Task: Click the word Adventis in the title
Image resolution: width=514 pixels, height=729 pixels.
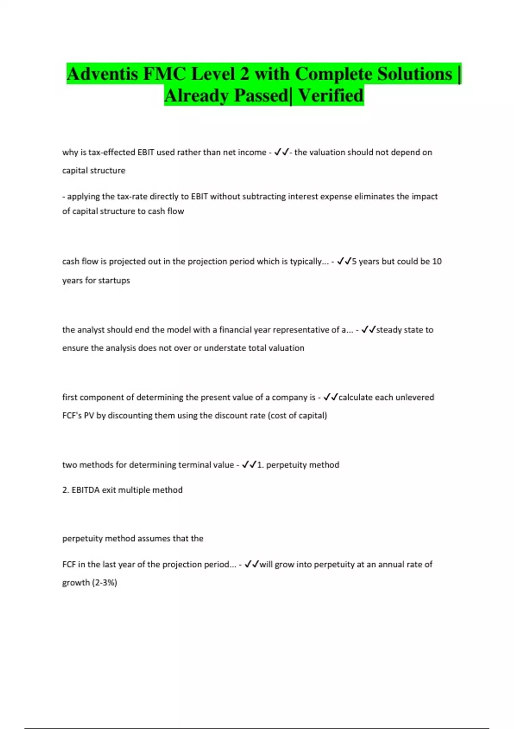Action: point(102,74)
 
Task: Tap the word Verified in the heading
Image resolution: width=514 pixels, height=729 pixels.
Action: point(331,95)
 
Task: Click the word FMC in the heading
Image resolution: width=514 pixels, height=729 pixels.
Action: point(164,74)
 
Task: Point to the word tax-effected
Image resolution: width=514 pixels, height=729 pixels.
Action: point(111,152)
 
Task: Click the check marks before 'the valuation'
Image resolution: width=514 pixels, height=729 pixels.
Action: point(281,152)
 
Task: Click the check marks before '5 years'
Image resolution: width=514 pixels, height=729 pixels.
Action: point(344,261)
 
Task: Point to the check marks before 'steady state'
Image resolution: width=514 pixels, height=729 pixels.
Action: point(368,329)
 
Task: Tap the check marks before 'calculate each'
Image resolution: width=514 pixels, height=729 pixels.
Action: point(331,397)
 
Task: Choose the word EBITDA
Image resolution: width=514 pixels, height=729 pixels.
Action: point(85,490)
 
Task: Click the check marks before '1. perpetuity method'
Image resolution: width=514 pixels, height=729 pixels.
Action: point(249,464)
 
